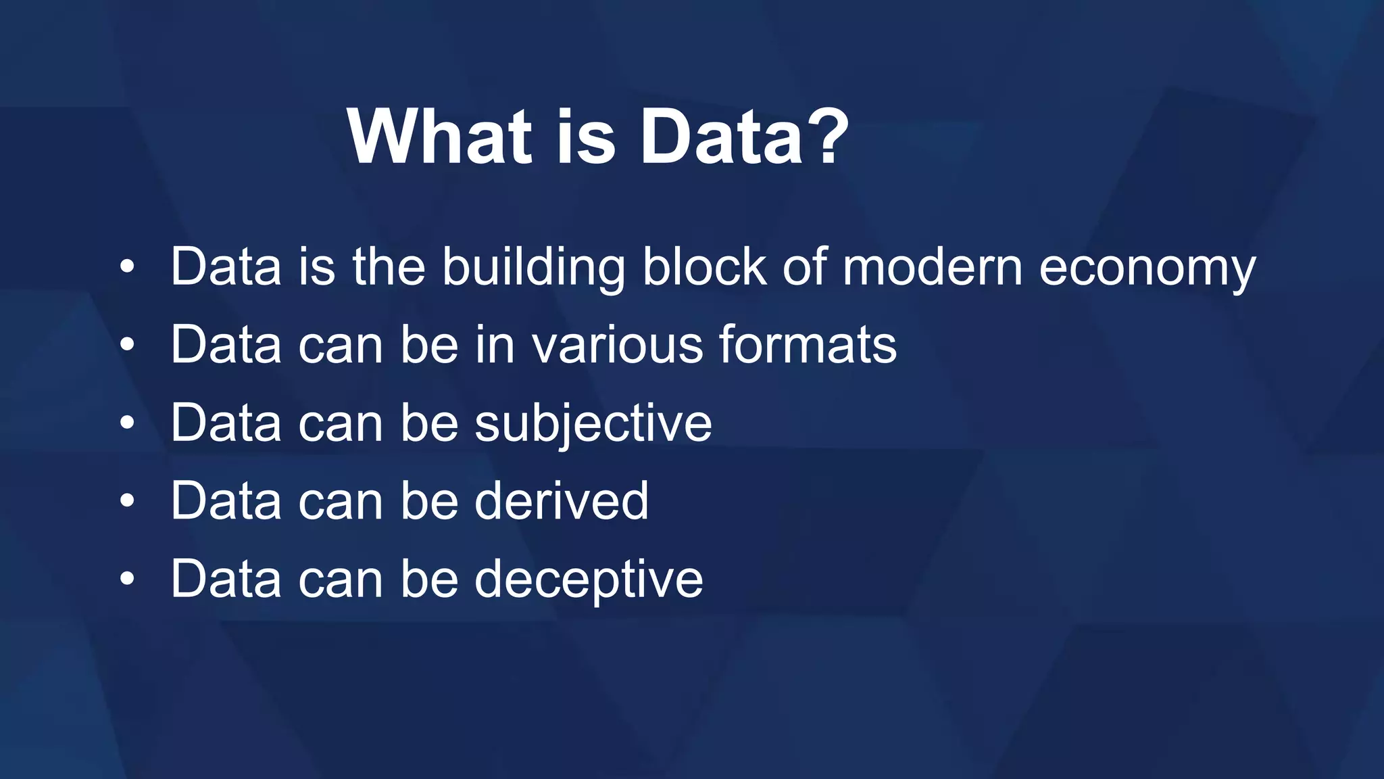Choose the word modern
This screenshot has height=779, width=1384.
933,266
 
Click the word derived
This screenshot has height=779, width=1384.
561,501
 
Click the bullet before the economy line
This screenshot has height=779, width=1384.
127,268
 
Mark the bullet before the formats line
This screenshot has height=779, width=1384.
127,346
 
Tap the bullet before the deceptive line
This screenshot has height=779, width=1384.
127,580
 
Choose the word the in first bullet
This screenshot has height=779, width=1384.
389,266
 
